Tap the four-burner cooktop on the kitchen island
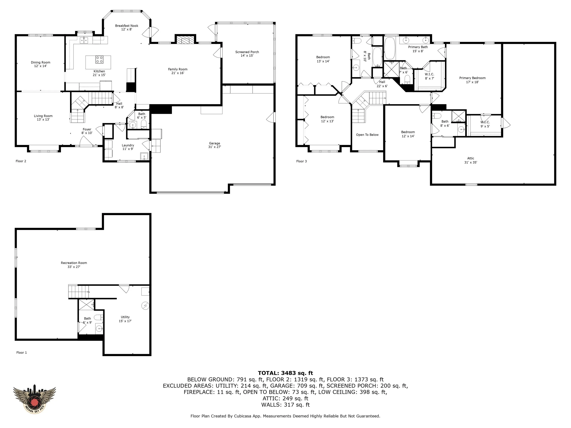[x=99, y=60]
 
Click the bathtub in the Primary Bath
[x=390, y=48]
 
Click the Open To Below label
[x=367, y=135]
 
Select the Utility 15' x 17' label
[x=125, y=319]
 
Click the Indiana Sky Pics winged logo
[x=34, y=400]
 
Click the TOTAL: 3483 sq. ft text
[x=285, y=373]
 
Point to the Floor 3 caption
[x=301, y=161]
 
